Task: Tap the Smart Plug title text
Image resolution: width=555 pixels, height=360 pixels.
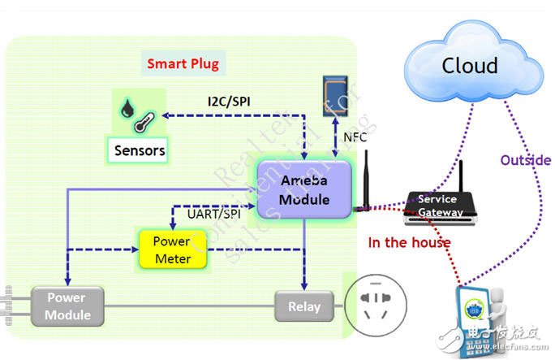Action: click(183, 63)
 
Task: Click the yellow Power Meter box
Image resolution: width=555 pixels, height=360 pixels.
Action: click(171, 250)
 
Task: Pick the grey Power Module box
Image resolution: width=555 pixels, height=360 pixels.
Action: click(67, 306)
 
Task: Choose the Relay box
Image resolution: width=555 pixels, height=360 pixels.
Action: click(304, 307)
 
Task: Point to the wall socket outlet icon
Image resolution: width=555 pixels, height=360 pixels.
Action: click(375, 306)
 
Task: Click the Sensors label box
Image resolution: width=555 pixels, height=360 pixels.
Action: click(140, 150)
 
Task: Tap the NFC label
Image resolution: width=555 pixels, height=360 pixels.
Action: click(355, 137)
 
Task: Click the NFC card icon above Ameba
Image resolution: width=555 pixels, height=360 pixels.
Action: click(336, 95)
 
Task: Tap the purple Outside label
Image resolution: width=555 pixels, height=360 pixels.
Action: click(525, 161)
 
